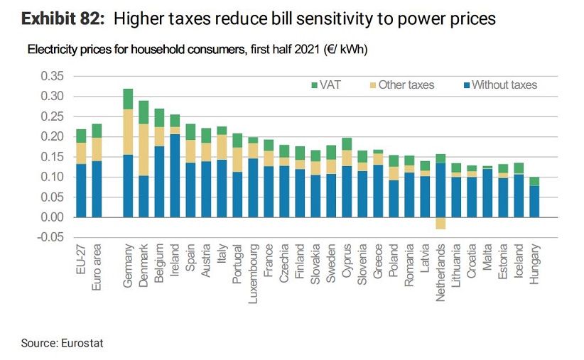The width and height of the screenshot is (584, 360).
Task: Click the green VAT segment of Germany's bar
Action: click(x=128, y=99)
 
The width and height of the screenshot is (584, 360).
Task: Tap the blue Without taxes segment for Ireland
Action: click(x=175, y=175)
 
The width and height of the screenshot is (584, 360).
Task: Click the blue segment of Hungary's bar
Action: click(x=534, y=201)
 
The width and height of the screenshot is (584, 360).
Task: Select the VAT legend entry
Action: click(x=325, y=85)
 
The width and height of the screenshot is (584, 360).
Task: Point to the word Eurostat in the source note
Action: click(x=82, y=344)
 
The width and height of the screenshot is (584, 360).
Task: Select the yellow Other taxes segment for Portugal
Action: click(x=237, y=159)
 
